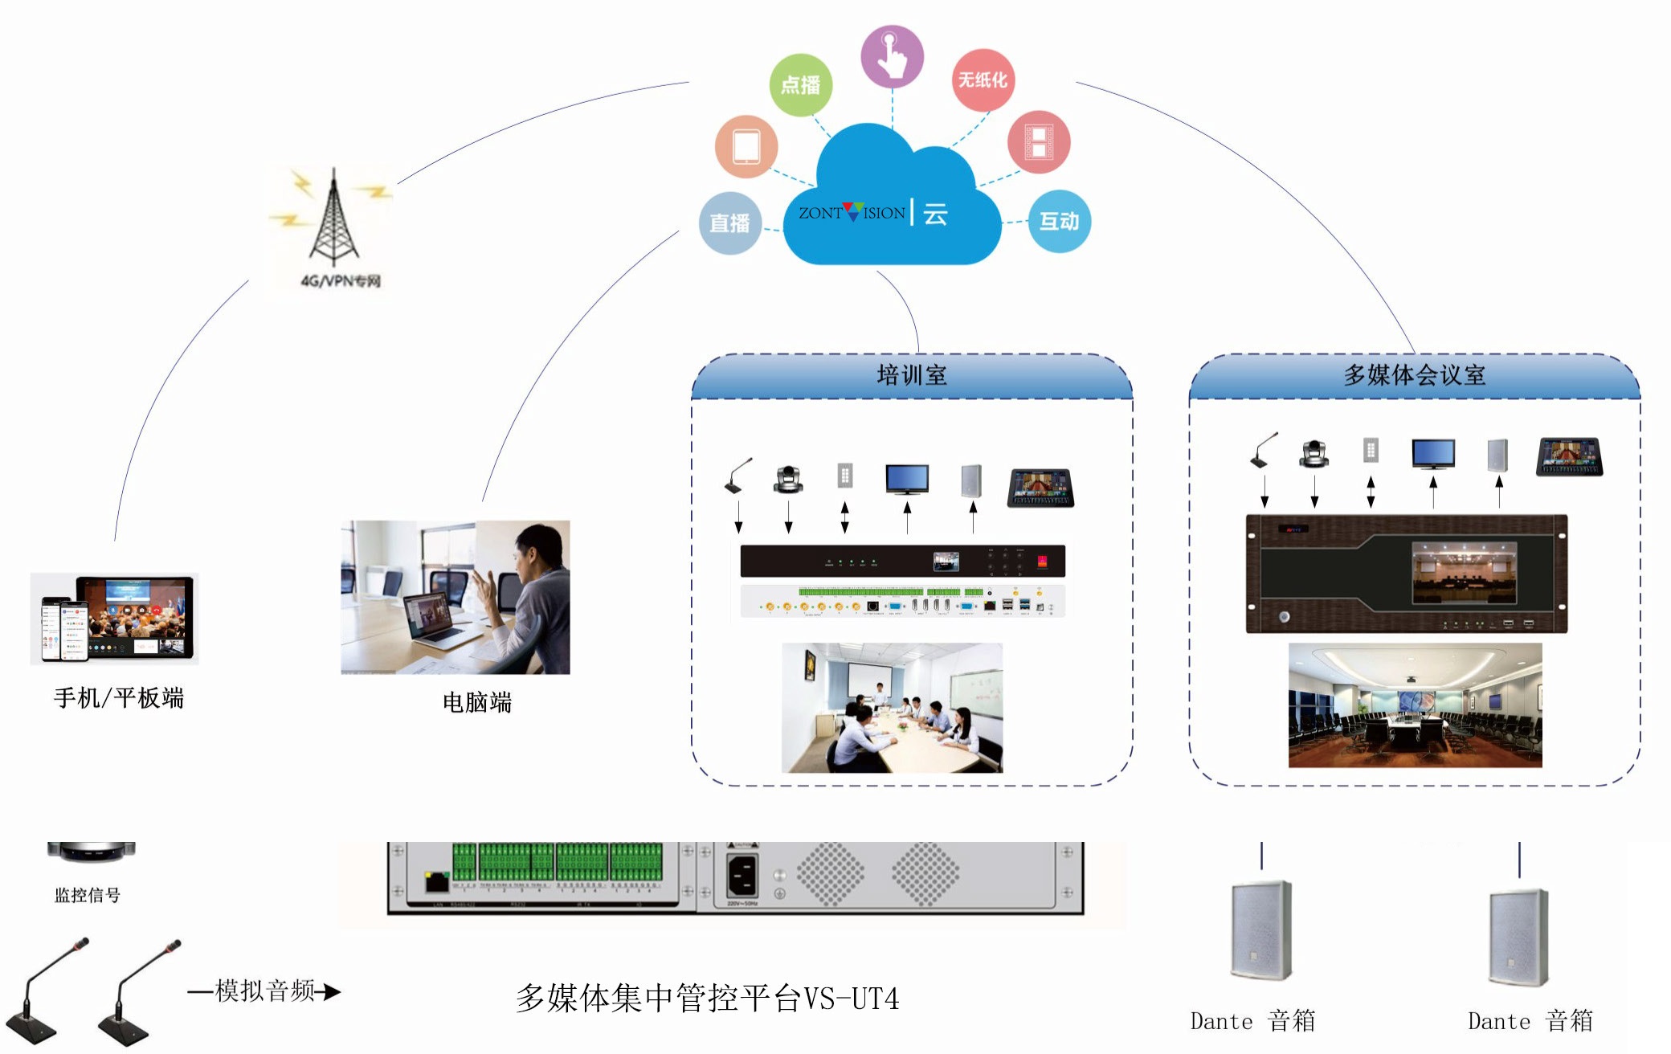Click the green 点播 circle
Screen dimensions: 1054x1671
(800, 84)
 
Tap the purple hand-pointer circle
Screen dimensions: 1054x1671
(892, 56)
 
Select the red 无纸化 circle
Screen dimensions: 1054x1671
(983, 80)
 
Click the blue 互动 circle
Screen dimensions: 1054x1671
(1059, 221)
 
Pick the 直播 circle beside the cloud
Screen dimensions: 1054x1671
(729, 223)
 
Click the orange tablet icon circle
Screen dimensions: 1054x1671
(746, 147)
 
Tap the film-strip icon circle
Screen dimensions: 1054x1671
(1038, 141)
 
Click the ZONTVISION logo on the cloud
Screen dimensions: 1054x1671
(852, 213)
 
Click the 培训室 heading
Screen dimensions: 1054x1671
(912, 375)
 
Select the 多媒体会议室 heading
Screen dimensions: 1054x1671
(1414, 375)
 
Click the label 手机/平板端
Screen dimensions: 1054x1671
(119, 697)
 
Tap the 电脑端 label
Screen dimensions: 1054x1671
(477, 702)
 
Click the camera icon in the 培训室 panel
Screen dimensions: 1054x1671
(788, 480)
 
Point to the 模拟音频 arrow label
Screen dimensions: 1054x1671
(265, 991)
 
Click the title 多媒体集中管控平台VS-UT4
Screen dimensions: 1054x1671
(707, 999)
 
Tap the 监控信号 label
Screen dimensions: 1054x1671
(87, 895)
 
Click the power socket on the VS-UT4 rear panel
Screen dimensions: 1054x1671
(742, 875)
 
